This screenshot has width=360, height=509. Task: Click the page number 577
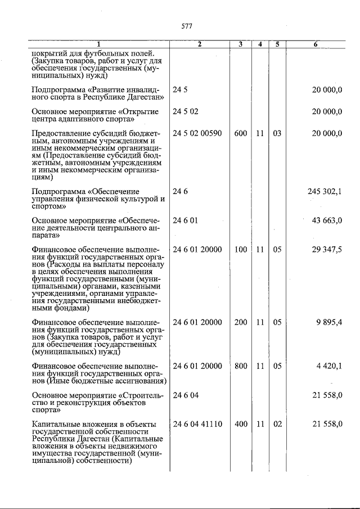pyautogui.click(x=188, y=26)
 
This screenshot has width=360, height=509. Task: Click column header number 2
pyautogui.click(x=199, y=44)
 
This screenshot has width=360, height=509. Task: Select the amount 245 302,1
pyautogui.click(x=325, y=191)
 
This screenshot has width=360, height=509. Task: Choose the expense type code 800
pyautogui.click(x=241, y=367)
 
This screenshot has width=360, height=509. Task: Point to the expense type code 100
pyautogui.click(x=241, y=250)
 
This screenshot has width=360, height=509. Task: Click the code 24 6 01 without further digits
pyautogui.click(x=186, y=220)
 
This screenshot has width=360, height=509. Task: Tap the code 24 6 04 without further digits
pyautogui.click(x=186, y=395)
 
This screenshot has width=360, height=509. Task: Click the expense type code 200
pyautogui.click(x=241, y=323)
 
